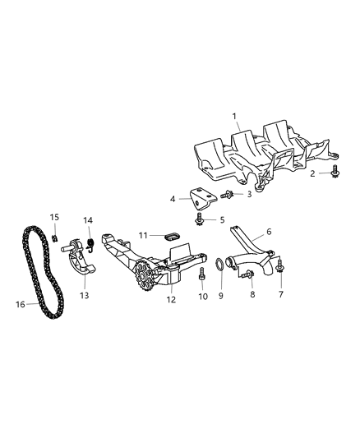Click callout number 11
click(x=142, y=236)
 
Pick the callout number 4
click(x=172, y=199)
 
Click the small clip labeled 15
click(x=53, y=239)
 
